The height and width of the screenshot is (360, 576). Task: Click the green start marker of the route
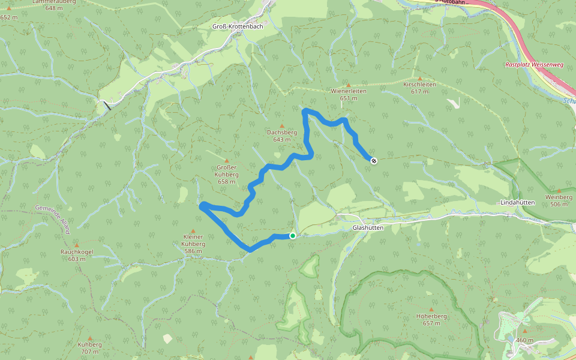coord(292,236)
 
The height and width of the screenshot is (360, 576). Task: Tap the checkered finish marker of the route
coord(374,160)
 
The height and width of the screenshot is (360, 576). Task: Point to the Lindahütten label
coord(517,203)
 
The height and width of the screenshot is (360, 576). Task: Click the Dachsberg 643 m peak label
coord(281,136)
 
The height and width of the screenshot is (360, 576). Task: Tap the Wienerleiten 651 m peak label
coord(348,94)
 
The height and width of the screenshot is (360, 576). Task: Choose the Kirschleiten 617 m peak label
coord(419,88)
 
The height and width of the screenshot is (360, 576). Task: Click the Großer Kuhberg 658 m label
coord(227,174)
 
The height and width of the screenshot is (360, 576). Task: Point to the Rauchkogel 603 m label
coord(77,255)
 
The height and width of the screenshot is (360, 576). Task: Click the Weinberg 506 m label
coord(559,200)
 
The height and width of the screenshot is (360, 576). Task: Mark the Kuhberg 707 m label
coord(90,348)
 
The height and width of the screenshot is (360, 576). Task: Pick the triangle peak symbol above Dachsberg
coord(281,125)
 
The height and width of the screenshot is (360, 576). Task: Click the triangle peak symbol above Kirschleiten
coord(419,78)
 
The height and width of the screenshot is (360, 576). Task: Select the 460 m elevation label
coord(524,340)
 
